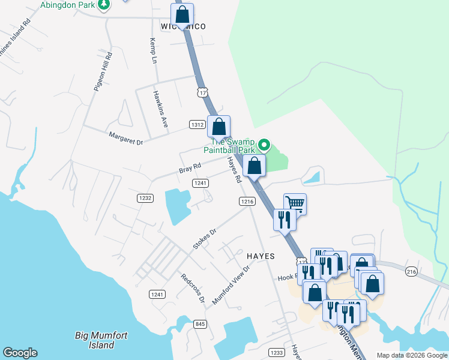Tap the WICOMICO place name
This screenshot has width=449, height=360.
(x=183, y=26)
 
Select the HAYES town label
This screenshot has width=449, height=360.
(x=261, y=256)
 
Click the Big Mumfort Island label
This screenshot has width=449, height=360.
(x=95, y=340)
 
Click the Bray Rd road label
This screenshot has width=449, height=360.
(x=189, y=170)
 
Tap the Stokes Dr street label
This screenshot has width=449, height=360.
(x=204, y=238)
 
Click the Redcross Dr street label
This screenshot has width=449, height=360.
(x=193, y=288)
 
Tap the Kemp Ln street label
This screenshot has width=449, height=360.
(x=152, y=52)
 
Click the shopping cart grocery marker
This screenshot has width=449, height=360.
(x=295, y=204)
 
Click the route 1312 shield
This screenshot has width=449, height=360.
(x=197, y=124)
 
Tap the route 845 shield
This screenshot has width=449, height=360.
(x=200, y=324)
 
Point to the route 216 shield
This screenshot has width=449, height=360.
(x=411, y=272)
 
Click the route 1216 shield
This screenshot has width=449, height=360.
(x=247, y=202)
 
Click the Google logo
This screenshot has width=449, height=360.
(x=20, y=353)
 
